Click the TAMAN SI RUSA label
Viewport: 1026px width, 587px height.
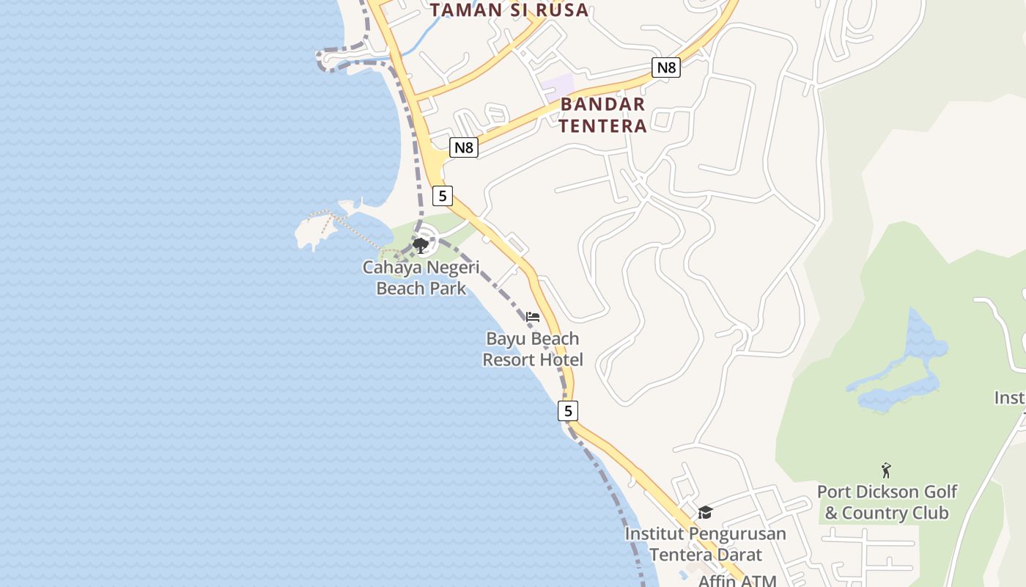point(509,10)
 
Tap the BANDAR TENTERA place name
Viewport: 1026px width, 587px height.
point(603,114)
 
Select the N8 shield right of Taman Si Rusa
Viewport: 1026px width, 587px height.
point(665,68)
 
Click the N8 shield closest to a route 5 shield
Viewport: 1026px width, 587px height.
point(463,147)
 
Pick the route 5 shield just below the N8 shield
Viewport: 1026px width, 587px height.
point(442,196)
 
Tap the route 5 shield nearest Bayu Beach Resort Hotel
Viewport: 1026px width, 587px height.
point(567,411)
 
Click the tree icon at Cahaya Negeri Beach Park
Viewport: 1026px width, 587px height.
point(420,245)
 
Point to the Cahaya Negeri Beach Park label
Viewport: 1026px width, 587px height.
point(421,277)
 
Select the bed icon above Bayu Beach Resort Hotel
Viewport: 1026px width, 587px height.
point(533,317)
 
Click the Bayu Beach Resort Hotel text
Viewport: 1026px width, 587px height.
point(533,349)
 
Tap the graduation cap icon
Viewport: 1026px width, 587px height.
point(705,512)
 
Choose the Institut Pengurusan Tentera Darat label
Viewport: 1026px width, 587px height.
point(705,544)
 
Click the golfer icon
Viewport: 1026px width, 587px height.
point(886,470)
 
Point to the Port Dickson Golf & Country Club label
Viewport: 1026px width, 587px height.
point(887,502)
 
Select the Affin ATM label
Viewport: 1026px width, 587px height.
point(737,580)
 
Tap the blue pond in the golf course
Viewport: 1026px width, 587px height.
point(909,367)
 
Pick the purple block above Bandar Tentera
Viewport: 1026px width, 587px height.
point(558,87)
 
